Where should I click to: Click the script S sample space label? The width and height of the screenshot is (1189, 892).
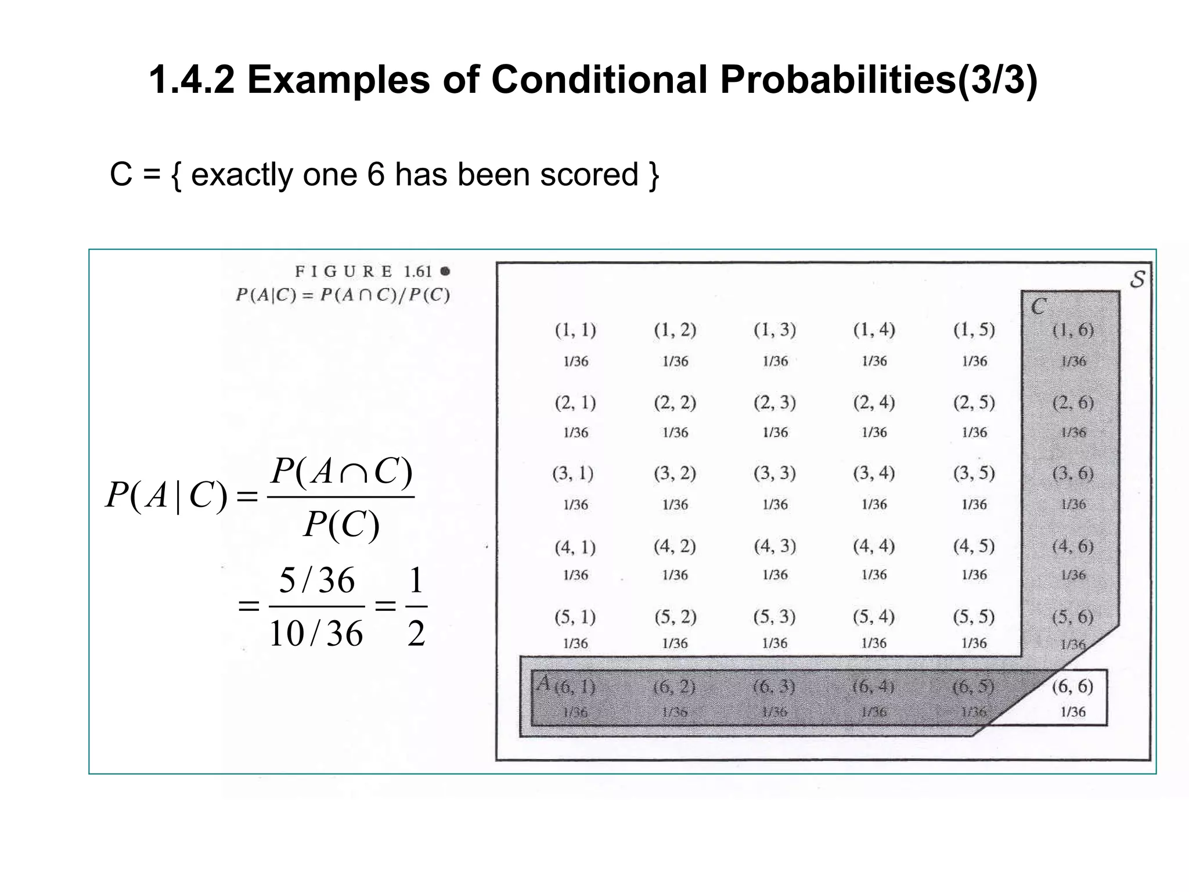(x=1137, y=279)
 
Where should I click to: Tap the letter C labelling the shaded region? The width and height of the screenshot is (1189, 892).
(x=1039, y=307)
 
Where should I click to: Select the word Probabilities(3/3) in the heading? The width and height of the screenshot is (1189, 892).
(x=878, y=80)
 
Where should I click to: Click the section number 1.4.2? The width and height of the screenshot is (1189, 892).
(x=192, y=80)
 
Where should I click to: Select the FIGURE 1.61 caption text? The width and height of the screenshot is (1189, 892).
(x=372, y=271)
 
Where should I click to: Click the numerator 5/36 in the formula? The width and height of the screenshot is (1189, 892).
(x=317, y=580)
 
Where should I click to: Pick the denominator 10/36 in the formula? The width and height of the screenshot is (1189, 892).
(x=316, y=633)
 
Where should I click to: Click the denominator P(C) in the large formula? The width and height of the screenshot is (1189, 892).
(x=341, y=525)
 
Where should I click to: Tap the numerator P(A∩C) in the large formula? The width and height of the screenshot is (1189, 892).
(x=341, y=472)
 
